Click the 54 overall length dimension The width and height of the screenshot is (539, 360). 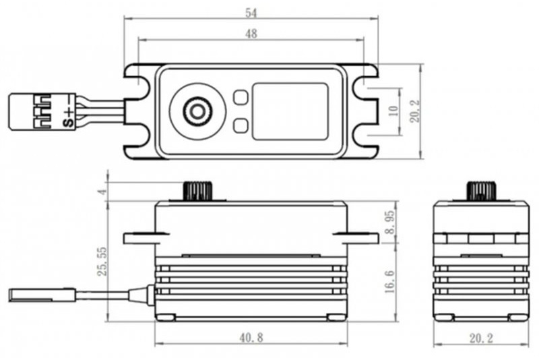(x=251, y=13)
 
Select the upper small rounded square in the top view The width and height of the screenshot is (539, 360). (x=241, y=98)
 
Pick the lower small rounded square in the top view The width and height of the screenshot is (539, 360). (x=241, y=125)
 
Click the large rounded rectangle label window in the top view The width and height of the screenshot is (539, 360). (x=290, y=111)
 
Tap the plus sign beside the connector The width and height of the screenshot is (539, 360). (x=67, y=112)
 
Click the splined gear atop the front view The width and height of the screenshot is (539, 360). (x=197, y=190)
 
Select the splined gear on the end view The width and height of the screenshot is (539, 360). (x=480, y=190)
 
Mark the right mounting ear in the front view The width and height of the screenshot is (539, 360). (x=357, y=237)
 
